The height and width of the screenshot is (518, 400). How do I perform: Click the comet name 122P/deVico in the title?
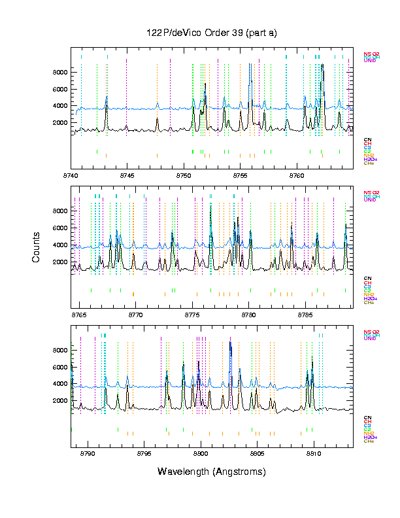click(x=175, y=33)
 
